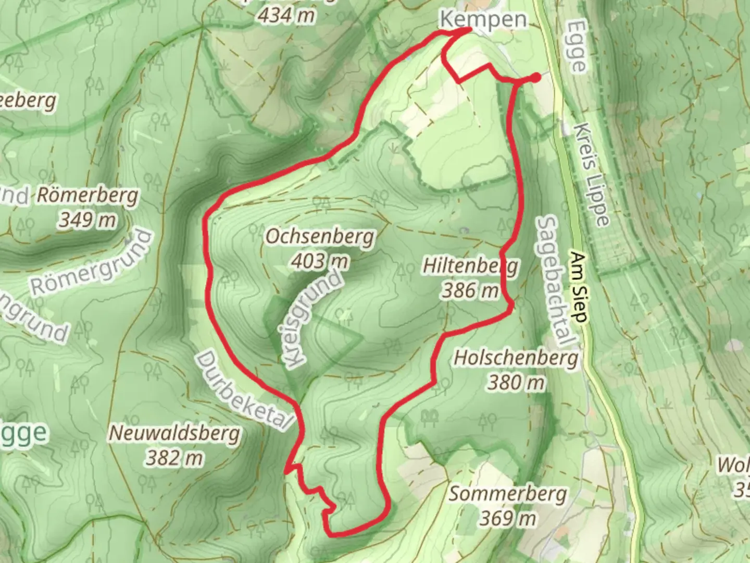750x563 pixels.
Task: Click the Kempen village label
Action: [x=483, y=20]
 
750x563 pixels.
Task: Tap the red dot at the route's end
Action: [x=535, y=78]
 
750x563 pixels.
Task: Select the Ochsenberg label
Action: [x=320, y=237]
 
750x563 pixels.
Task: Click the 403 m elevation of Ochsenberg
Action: [x=320, y=260]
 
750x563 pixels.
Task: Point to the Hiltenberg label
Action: [x=470, y=266]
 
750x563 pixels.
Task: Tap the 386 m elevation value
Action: [x=470, y=290]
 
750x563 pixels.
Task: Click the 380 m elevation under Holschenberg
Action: [x=516, y=383]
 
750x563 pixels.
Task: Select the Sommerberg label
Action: [x=508, y=493]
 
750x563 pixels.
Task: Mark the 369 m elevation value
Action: [x=508, y=518]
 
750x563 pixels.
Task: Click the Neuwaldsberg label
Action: [x=174, y=433]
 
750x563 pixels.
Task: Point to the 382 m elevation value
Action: [x=174, y=458]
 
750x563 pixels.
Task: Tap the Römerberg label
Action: [x=88, y=196]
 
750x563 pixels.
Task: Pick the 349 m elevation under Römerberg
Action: [x=87, y=219]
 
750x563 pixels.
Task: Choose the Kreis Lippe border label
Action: [x=593, y=175]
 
